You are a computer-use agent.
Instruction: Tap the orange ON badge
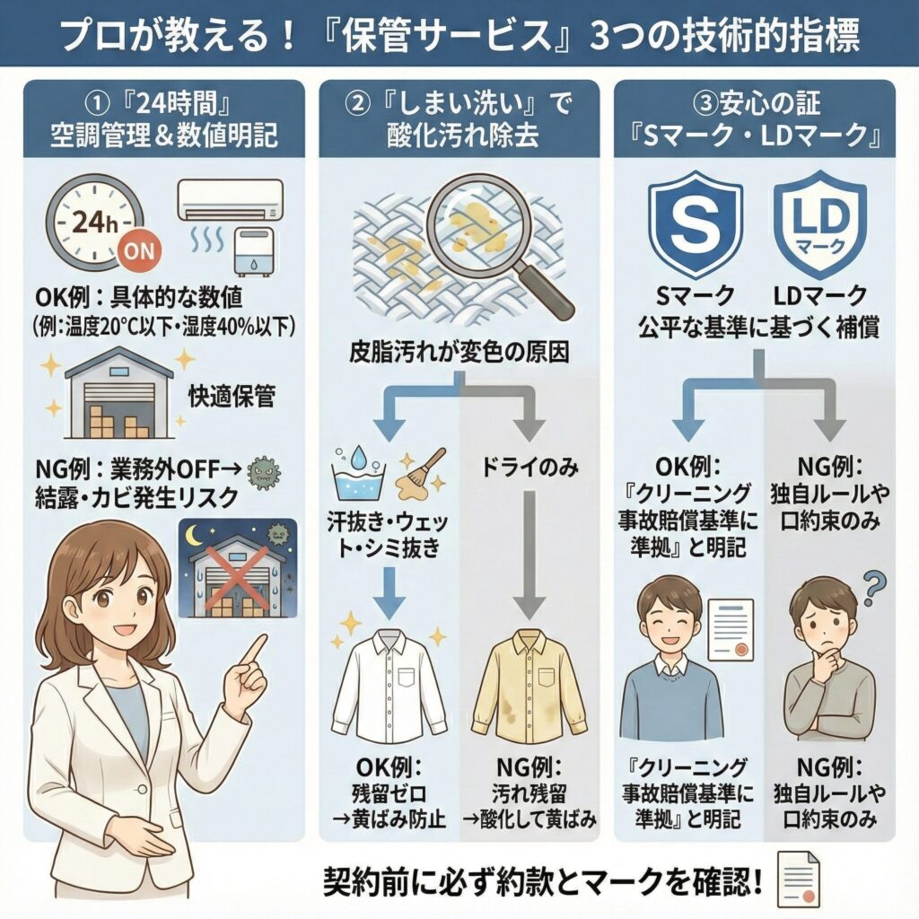click(143, 252)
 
